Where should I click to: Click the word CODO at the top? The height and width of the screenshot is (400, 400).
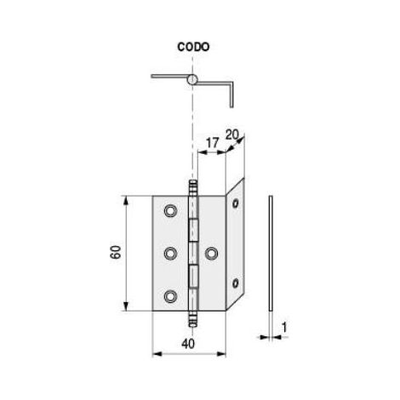click(193, 47)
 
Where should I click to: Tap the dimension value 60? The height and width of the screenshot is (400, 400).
click(116, 252)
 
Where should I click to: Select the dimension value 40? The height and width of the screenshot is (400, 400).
click(188, 344)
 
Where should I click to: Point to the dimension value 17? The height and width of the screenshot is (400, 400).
click(213, 143)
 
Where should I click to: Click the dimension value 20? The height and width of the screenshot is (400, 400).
click(231, 135)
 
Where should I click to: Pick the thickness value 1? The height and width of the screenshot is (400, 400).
click(284, 328)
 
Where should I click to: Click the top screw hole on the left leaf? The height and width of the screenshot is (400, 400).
click(170, 210)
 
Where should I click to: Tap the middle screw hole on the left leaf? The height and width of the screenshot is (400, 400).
click(170, 254)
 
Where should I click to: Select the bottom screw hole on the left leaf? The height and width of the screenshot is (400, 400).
click(170, 296)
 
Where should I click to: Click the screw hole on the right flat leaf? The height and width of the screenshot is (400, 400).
click(212, 254)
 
